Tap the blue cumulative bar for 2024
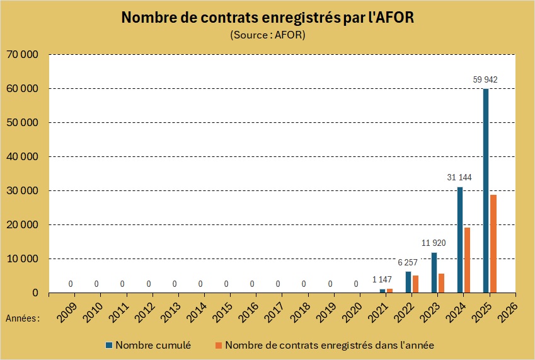(x=460, y=240)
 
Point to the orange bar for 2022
(x=415, y=284)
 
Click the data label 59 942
(x=485, y=79)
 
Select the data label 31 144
(x=459, y=177)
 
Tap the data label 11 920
(x=434, y=243)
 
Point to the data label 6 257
(x=408, y=262)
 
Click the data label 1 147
(x=382, y=279)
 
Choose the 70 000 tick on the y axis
(x=22, y=55)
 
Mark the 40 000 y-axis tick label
(x=22, y=157)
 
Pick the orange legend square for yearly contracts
(x=219, y=345)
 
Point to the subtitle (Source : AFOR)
(x=268, y=35)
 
